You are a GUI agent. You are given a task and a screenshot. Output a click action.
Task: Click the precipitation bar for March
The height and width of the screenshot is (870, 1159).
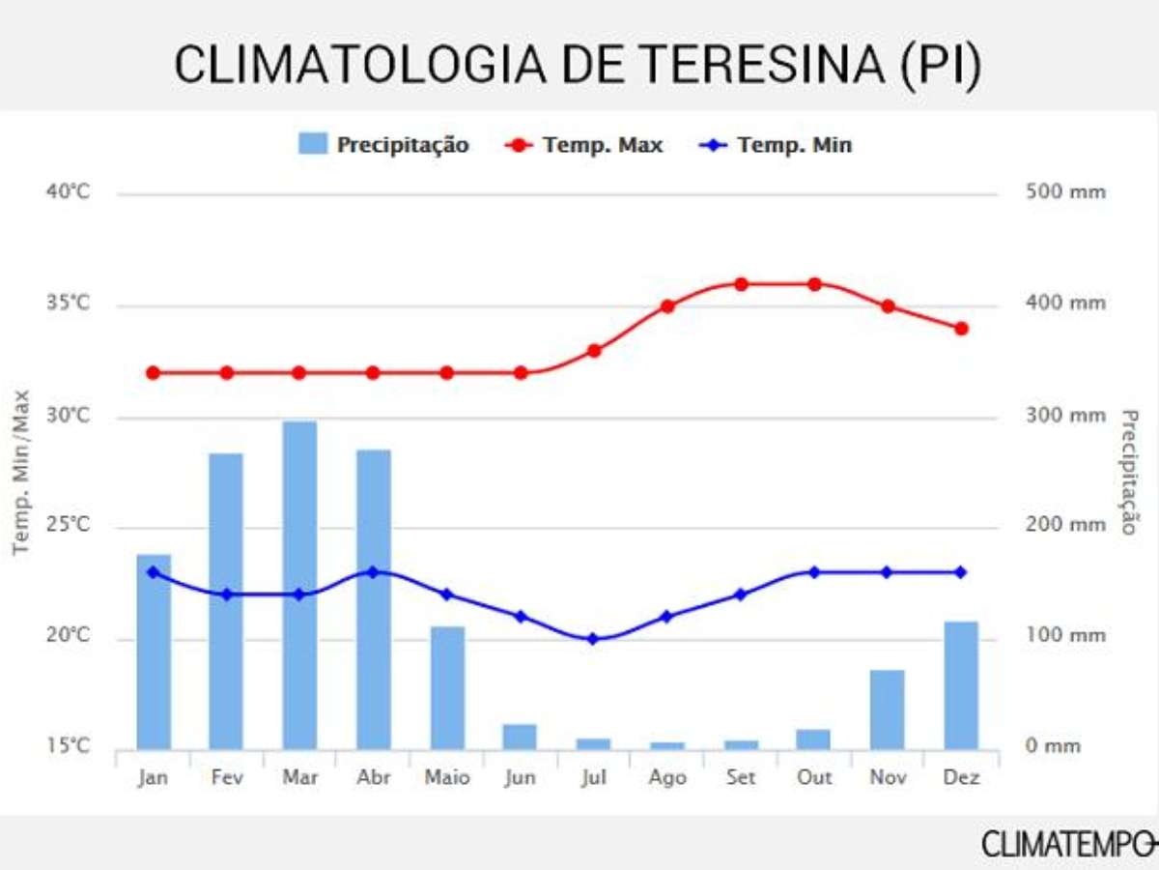(x=299, y=585)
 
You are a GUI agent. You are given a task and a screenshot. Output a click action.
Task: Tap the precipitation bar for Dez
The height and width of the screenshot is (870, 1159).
(x=961, y=685)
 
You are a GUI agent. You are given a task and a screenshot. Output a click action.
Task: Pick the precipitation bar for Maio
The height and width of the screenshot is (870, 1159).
(x=447, y=688)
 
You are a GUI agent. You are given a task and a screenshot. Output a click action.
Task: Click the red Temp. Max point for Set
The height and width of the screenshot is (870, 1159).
(x=741, y=284)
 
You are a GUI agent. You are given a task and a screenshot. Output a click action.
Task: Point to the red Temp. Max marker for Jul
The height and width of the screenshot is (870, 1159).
(x=594, y=351)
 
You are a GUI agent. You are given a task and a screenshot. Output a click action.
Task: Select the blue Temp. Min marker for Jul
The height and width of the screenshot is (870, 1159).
(x=594, y=639)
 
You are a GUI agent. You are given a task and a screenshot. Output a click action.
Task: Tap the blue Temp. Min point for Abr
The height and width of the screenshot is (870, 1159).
(x=373, y=572)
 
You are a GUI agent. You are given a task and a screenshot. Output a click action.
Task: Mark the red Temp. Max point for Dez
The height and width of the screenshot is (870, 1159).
(x=961, y=329)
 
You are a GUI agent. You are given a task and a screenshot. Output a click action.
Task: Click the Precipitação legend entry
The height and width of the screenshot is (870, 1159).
(x=384, y=145)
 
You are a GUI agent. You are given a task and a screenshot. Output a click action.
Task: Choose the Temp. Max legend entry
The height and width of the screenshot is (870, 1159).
(x=584, y=145)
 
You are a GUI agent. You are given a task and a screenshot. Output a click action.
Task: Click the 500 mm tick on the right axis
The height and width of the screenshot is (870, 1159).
(x=1066, y=192)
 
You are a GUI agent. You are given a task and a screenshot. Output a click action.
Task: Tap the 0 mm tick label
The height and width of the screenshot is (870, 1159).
(x=1053, y=746)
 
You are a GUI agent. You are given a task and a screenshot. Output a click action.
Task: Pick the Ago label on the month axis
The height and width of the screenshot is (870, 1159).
(x=667, y=778)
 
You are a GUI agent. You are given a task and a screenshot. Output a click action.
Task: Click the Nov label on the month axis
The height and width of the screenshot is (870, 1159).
(x=888, y=778)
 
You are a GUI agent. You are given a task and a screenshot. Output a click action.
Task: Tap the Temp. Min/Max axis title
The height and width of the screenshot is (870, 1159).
(x=22, y=472)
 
